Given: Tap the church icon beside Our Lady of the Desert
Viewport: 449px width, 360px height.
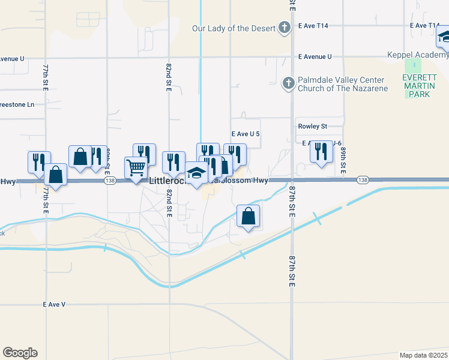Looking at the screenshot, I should (x=285, y=28).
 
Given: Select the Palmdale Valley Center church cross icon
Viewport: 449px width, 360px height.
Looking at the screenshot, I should (x=288, y=83).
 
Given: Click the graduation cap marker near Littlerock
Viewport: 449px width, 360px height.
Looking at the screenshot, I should (x=196, y=173).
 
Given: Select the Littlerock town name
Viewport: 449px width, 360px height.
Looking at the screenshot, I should (x=169, y=179).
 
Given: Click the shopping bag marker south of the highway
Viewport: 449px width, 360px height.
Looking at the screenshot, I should (x=249, y=216).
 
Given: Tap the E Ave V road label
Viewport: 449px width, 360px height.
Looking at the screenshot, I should (x=54, y=304).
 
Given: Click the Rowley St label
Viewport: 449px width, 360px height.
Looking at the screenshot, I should (x=312, y=127).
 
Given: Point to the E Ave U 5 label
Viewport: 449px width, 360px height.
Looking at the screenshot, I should (x=246, y=134).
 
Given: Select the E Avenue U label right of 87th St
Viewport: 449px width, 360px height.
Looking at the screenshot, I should (x=315, y=57).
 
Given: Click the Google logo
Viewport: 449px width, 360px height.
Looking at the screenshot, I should (x=20, y=353).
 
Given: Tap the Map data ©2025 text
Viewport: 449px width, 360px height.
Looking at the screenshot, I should (x=423, y=355).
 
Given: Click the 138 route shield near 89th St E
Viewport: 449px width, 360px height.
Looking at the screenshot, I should (x=362, y=180).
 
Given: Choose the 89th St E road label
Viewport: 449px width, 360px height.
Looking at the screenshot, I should (x=343, y=160).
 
